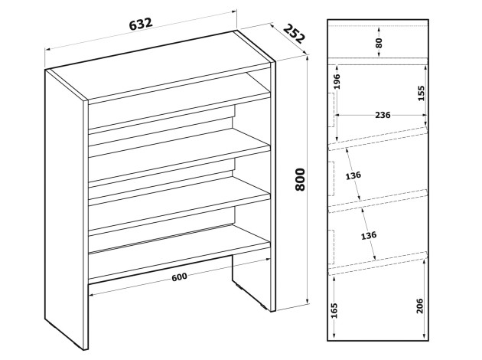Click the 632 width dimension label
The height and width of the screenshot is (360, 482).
click(141, 24)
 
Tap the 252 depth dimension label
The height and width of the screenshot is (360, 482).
click(294, 33)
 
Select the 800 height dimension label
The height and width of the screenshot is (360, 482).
click(300, 179)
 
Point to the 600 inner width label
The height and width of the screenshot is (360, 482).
click(179, 277)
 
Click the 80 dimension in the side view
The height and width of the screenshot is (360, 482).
click(379, 43)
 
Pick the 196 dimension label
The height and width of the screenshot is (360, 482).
click(337, 81)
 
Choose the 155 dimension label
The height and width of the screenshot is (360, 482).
click(421, 93)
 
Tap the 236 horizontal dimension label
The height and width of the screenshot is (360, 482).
click(383, 115)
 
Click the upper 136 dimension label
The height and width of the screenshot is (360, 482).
click(353, 175)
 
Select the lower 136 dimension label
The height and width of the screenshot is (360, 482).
click(368, 235)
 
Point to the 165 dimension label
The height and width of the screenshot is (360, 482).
click(335, 311)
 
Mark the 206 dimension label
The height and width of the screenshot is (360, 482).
click(420, 306)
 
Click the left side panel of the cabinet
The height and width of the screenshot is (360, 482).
click(64, 209)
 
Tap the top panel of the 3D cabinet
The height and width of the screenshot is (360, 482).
click(160, 66)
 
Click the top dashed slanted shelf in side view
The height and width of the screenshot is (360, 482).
click(378, 139)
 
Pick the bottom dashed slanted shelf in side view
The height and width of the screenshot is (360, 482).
click(378, 263)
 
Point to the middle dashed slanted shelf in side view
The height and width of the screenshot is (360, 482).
click(378, 201)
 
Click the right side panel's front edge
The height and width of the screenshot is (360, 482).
click(272, 187)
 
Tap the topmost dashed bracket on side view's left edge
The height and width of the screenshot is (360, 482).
click(333, 110)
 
